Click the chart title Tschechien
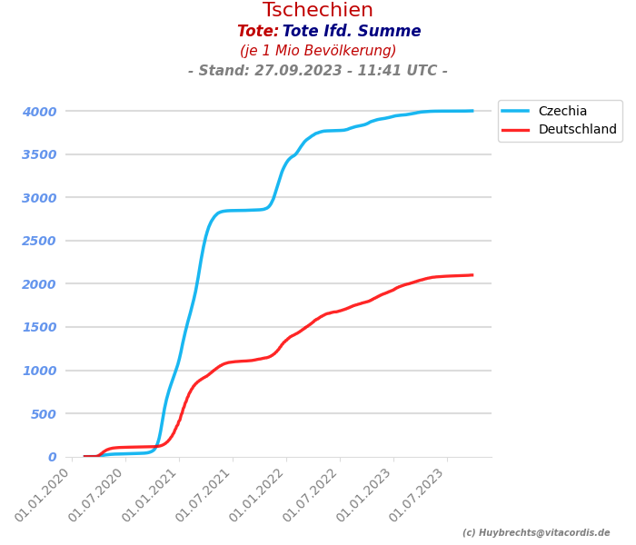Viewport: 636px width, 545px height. (x=318, y=11)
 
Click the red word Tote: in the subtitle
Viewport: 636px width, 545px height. (x=258, y=32)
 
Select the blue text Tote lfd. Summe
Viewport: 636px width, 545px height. (x=352, y=32)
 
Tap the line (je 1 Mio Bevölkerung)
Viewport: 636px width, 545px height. (x=318, y=51)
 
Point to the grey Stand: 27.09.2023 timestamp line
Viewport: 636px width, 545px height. (x=318, y=71)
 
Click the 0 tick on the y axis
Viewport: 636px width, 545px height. (x=52, y=457)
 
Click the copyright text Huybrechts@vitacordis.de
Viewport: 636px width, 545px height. (x=536, y=533)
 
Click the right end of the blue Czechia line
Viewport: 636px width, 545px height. (x=472, y=111)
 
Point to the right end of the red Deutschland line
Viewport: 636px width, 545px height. (x=472, y=275)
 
